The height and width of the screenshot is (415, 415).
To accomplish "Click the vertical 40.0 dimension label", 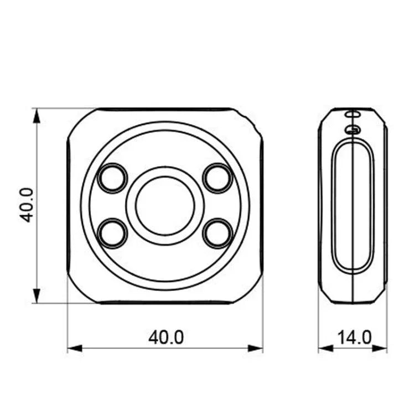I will pyautogui.click(x=27, y=205).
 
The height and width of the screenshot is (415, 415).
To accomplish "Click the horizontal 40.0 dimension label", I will pyautogui.click(x=165, y=337).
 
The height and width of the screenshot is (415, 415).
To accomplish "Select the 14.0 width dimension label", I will pyautogui.click(x=354, y=337).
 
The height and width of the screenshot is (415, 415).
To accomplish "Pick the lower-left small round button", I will pyautogui.click(x=112, y=233).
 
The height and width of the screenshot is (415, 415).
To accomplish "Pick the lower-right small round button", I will pyautogui.click(x=217, y=233).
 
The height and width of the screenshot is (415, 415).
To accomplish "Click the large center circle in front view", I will pyautogui.click(x=165, y=205).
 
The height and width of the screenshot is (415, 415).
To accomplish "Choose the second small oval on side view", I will pyautogui.click(x=352, y=129).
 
